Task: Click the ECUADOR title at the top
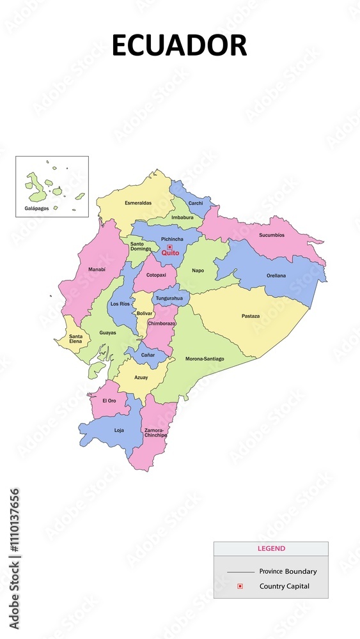click(x=179, y=46)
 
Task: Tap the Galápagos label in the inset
click(x=36, y=208)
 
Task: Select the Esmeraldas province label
click(x=138, y=203)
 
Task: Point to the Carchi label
click(x=196, y=203)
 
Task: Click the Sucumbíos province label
click(x=272, y=235)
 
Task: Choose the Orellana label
click(x=276, y=275)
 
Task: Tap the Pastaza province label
click(x=251, y=316)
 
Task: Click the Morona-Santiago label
click(x=205, y=358)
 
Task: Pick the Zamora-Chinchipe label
click(x=155, y=433)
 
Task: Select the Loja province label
click(x=119, y=430)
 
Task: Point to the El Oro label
click(x=109, y=401)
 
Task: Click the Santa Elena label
click(x=75, y=339)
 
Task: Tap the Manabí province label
click(x=97, y=270)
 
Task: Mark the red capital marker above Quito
click(x=169, y=247)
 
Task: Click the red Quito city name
click(x=170, y=253)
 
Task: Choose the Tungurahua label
click(x=169, y=298)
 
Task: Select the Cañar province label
click(x=148, y=355)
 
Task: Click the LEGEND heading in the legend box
click(x=271, y=548)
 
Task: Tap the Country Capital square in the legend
click(x=240, y=586)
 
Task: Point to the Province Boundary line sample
click(x=240, y=571)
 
